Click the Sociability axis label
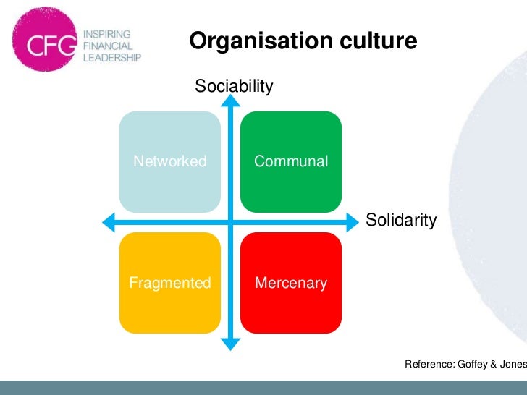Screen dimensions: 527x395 point(234,88)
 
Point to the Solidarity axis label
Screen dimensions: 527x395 point(401,220)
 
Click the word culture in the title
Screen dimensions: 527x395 point(381,42)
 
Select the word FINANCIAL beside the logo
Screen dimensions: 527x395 point(107,45)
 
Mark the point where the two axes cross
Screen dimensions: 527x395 point(230,221)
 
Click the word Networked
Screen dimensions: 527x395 point(169,161)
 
